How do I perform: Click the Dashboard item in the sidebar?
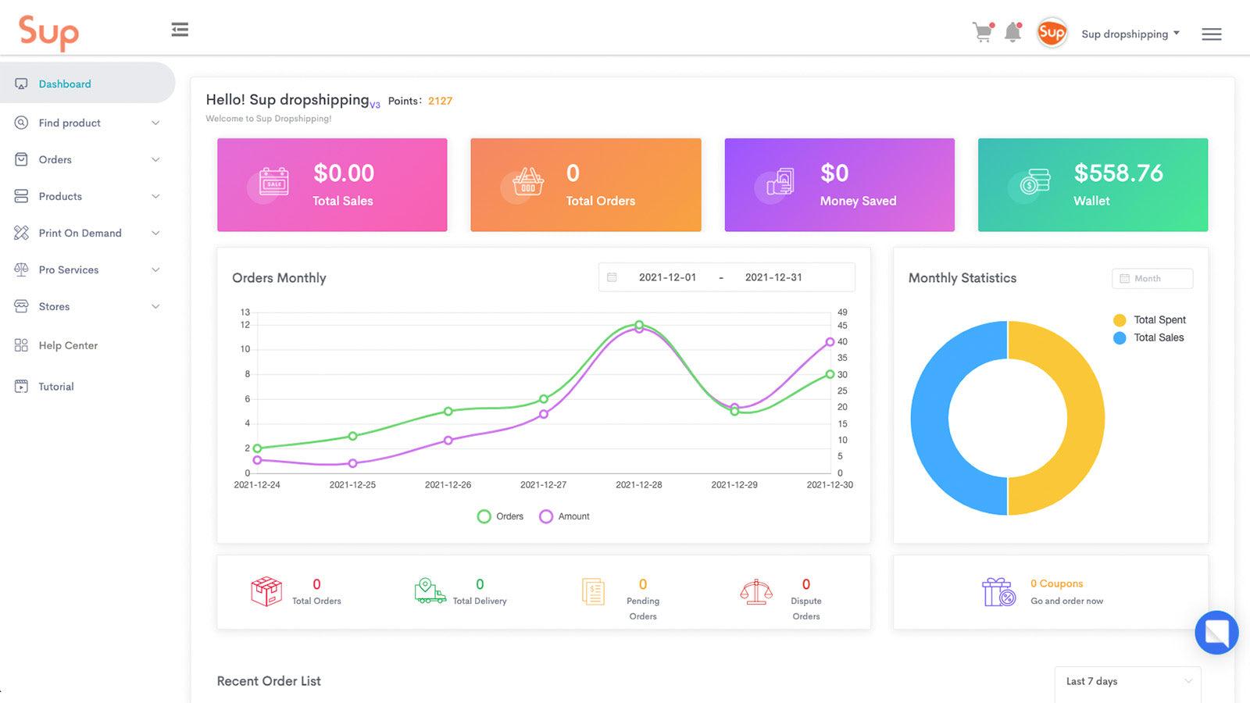point(65,84)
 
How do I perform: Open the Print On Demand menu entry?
point(80,233)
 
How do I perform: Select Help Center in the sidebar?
point(68,345)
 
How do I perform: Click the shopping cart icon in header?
point(982,33)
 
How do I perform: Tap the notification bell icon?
point(1012,33)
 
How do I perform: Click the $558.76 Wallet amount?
point(1118,173)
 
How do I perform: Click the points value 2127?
point(440,101)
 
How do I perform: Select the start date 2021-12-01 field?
point(666,277)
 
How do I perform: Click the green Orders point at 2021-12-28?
point(639,324)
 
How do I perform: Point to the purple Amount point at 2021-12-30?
point(830,342)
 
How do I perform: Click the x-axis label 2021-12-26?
point(448,485)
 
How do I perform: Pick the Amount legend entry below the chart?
point(565,516)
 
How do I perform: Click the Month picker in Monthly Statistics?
point(1152,279)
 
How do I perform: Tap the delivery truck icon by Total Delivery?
point(430,591)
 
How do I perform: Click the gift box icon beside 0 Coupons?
point(998,592)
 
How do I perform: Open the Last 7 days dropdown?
point(1127,681)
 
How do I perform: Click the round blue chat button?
point(1216,632)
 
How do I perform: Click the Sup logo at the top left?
point(48,32)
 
